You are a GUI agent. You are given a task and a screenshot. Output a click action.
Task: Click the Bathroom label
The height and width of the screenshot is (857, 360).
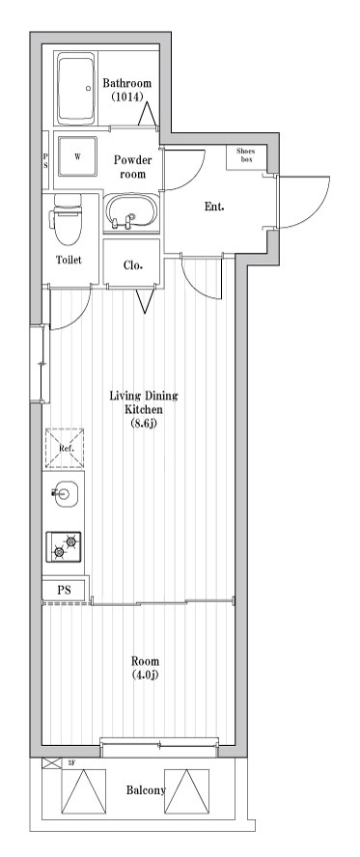(126, 84)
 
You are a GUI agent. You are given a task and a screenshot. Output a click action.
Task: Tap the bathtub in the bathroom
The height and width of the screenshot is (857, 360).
(77, 89)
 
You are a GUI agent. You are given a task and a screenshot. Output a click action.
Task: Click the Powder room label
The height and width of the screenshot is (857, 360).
(132, 167)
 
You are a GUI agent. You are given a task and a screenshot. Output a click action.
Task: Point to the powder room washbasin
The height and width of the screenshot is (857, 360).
(131, 212)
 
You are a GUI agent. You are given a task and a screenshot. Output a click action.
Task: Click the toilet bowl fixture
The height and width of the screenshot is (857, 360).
(68, 220)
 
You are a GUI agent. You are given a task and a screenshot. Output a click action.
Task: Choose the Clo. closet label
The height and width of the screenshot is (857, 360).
(133, 265)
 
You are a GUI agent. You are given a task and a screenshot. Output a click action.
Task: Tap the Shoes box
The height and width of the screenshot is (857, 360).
(247, 157)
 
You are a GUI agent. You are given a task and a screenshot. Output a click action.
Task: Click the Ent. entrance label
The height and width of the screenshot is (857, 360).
(214, 207)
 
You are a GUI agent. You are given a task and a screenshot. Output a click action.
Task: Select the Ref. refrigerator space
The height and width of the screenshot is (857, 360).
(65, 448)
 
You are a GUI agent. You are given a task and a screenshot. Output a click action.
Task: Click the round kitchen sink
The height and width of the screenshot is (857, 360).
(65, 494)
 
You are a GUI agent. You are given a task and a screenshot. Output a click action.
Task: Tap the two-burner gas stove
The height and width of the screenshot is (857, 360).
(64, 546)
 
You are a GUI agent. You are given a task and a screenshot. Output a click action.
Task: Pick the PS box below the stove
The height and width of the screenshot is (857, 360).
(64, 591)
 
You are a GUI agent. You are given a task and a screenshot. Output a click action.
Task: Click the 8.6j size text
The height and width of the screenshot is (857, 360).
(144, 423)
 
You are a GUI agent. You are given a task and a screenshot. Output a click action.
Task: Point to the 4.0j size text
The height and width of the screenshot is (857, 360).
(145, 675)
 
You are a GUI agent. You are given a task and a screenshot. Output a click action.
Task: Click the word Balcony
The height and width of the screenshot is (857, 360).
(146, 790)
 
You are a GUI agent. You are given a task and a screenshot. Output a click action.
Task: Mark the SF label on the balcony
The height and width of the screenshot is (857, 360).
(71, 762)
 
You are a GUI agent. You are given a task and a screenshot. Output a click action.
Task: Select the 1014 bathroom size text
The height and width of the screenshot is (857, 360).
(126, 97)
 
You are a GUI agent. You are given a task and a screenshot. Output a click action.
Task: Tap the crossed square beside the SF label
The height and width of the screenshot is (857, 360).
(51, 762)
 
